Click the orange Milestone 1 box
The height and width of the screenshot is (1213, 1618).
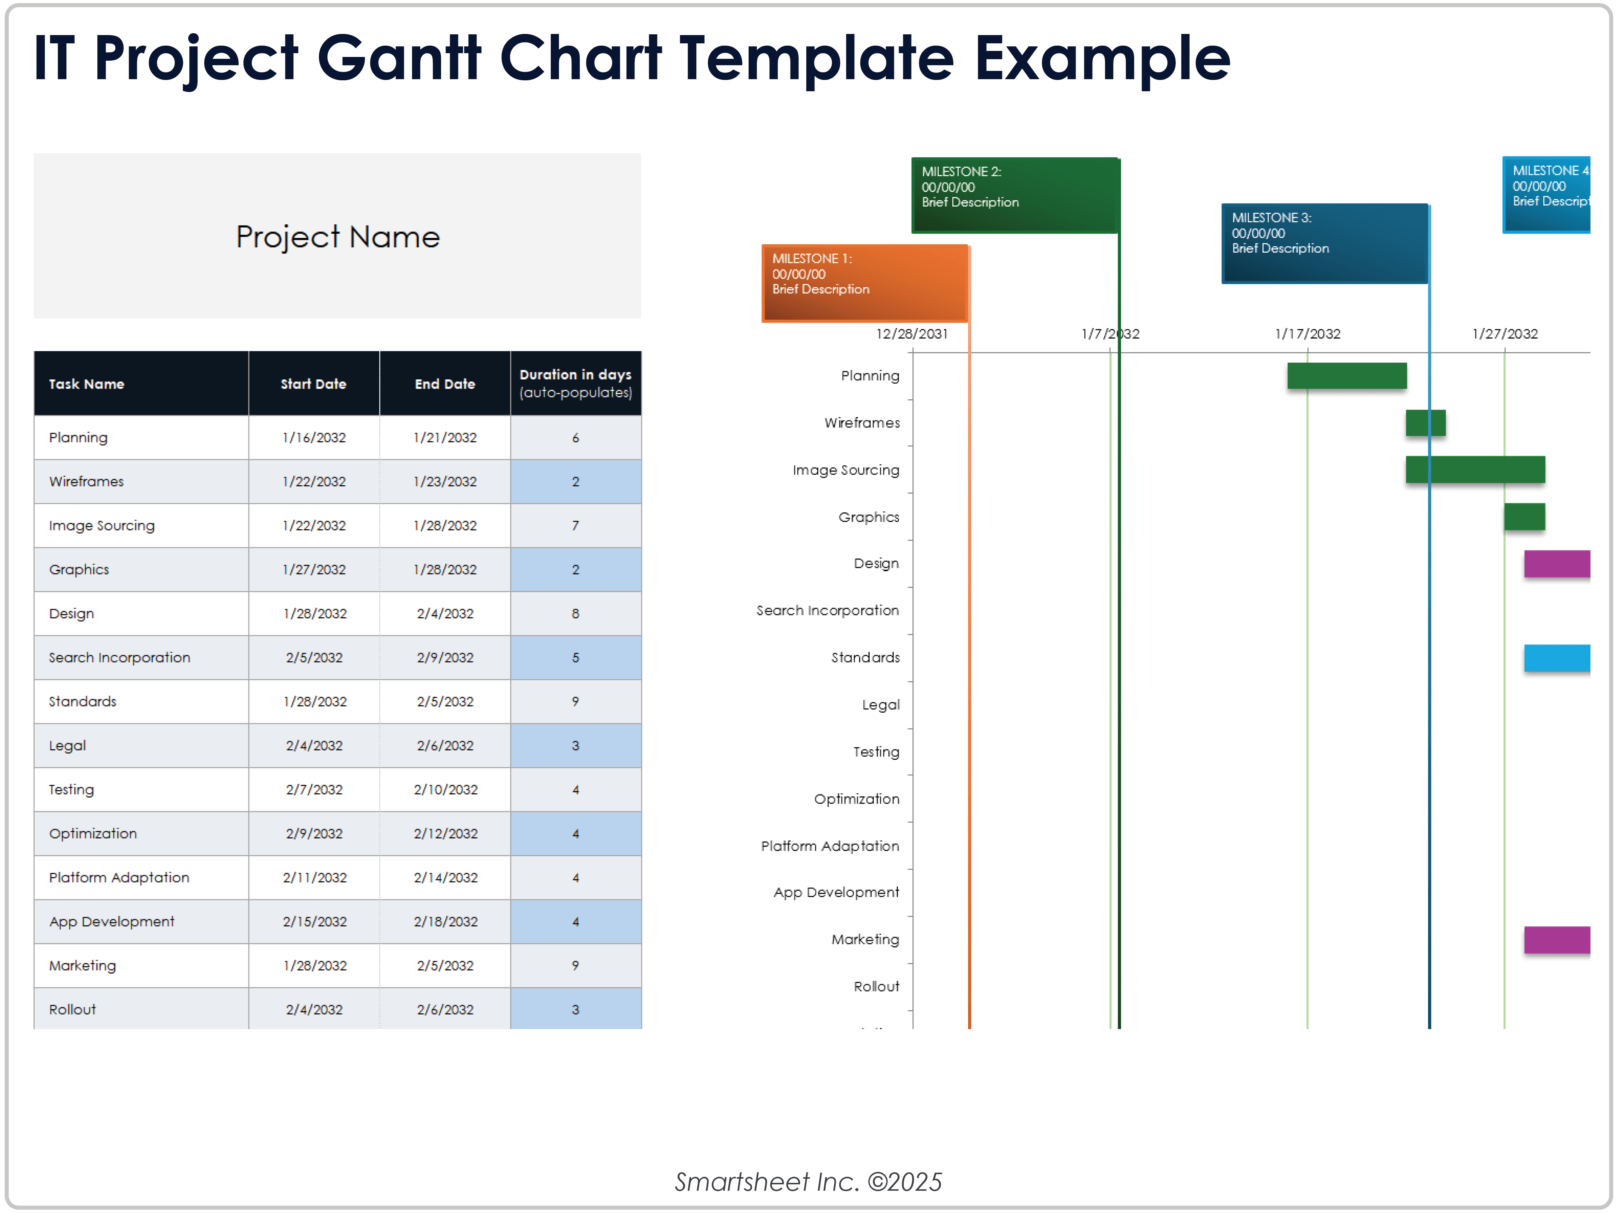click(864, 282)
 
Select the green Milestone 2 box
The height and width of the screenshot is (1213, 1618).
click(1014, 195)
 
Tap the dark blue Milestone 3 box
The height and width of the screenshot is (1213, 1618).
click(1324, 243)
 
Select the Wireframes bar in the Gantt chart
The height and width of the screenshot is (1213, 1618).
click(1425, 423)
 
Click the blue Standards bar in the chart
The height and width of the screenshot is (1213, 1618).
click(1557, 658)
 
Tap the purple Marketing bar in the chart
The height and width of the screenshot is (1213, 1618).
click(1557, 939)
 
